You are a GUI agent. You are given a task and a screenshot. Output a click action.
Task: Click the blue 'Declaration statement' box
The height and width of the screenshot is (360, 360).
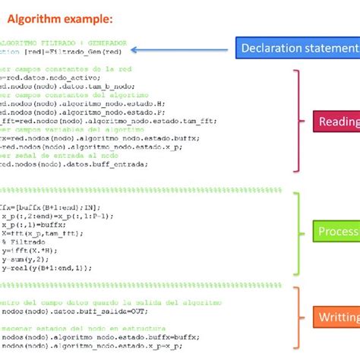tap(296, 49)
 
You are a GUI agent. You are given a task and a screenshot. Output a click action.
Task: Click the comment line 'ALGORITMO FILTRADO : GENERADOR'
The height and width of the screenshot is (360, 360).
tap(65, 43)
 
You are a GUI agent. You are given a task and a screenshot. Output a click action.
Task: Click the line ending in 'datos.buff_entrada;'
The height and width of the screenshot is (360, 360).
tap(76, 163)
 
